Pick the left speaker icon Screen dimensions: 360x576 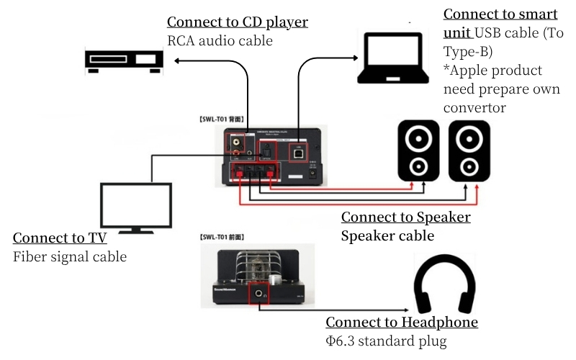pos(419,150)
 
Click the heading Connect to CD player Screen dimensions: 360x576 pos(238,22)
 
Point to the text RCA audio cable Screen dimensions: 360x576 pos(220,41)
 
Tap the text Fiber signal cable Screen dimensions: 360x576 pos(70,257)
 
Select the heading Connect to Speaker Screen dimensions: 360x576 pos(405,217)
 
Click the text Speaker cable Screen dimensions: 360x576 pos(387,236)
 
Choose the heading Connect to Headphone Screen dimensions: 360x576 pos(402,323)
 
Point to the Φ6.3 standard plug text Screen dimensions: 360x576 pos(386,341)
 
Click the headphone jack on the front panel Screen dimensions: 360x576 pos(258,293)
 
